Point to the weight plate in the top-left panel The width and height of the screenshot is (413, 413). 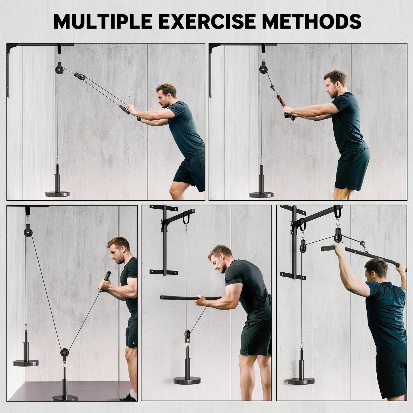(57, 194)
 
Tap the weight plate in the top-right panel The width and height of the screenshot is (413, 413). (261, 195)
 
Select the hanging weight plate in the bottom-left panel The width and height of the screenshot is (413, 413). (26, 363)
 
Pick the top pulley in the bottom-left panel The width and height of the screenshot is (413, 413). (28, 230)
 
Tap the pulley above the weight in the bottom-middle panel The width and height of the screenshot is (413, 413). (187, 334)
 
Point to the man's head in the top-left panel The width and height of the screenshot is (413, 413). (166, 95)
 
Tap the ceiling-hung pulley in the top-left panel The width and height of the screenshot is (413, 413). (60, 69)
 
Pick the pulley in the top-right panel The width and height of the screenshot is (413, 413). (263, 69)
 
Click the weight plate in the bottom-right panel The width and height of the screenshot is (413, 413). (301, 381)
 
